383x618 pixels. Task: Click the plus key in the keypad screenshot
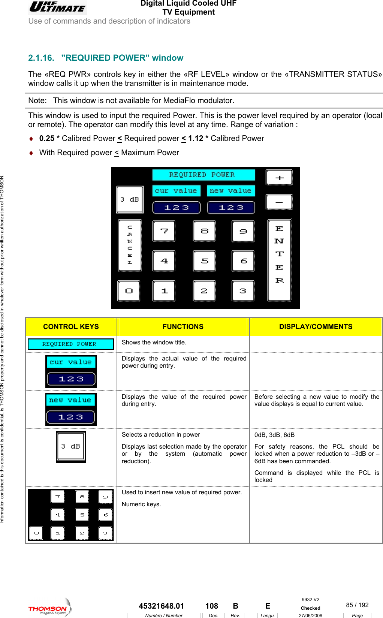(279, 178)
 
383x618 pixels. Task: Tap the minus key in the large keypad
(279, 202)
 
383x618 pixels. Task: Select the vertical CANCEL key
(130, 245)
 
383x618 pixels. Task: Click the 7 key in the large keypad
(164, 231)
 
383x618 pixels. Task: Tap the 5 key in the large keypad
(204, 261)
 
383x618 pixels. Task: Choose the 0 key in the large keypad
(129, 291)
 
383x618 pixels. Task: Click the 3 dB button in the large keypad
(130, 199)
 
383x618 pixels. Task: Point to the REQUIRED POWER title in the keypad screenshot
(203, 175)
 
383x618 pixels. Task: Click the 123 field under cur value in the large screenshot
(177, 208)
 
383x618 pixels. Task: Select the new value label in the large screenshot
(230, 191)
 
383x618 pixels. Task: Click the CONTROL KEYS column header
(71, 327)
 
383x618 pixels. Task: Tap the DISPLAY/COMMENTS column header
(316, 327)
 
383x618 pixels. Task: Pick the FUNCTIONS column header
(183, 327)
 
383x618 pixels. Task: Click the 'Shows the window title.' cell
(154, 343)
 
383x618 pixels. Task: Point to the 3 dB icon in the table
(71, 446)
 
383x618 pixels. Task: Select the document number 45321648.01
(162, 606)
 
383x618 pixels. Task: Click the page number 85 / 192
(357, 605)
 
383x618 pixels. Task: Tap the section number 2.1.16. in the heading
(41, 58)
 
